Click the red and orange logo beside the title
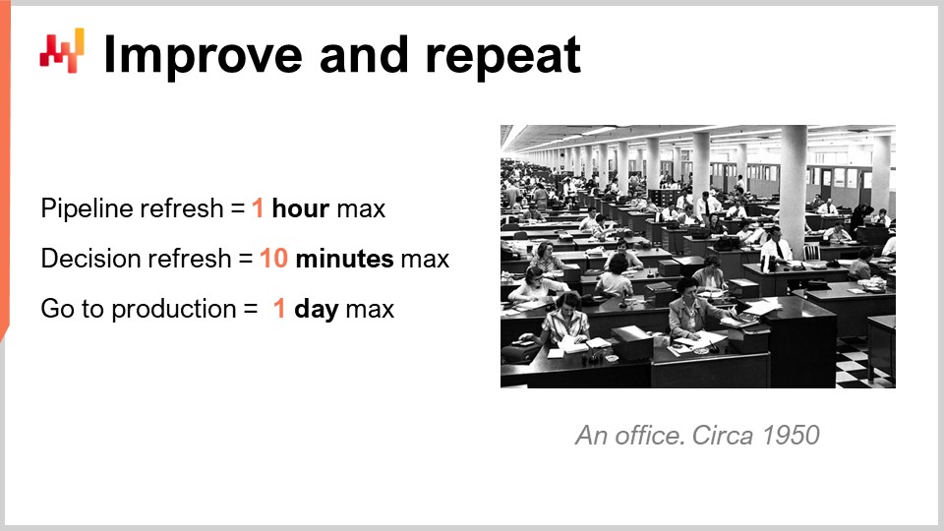(x=62, y=49)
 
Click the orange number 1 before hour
(x=258, y=209)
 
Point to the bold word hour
(x=300, y=209)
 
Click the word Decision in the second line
(x=85, y=260)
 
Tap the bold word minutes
(x=344, y=260)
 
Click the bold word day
(x=316, y=310)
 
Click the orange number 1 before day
(x=279, y=310)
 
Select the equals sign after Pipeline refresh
(x=237, y=209)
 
